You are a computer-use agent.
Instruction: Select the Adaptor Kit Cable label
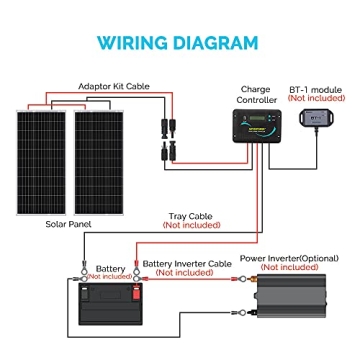pyautogui.click(x=114, y=87)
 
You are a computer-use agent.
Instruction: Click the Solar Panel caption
pyautogui.click(x=68, y=224)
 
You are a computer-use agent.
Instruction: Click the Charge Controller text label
pyautogui.click(x=257, y=95)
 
